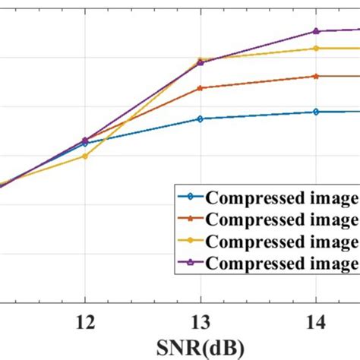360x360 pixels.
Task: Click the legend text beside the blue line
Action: pos(282,198)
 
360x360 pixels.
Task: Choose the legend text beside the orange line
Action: pos(282,219)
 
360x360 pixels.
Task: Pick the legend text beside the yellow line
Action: pos(282,242)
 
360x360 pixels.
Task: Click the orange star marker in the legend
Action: pos(190,219)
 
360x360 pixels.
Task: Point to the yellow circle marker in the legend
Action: pos(190,242)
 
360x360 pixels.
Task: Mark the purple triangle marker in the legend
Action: pos(190,263)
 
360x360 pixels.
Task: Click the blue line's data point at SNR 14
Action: pos(315,112)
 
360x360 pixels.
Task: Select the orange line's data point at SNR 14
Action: pos(315,76)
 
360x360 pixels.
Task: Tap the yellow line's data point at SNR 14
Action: pos(315,48)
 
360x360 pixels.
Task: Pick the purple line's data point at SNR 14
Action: pos(315,31)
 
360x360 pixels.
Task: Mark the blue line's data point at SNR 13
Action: pos(200,118)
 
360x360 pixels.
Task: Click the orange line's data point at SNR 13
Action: pos(200,88)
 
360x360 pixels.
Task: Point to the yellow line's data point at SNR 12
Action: pos(84,156)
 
